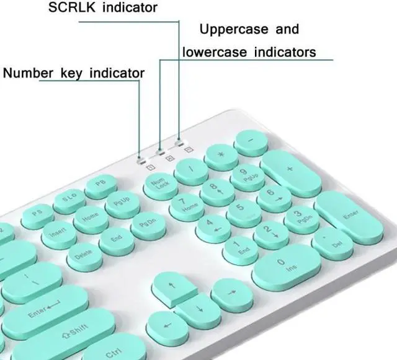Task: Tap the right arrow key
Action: (233, 294)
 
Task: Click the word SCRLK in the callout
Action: (69, 7)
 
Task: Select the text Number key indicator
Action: (74, 73)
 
